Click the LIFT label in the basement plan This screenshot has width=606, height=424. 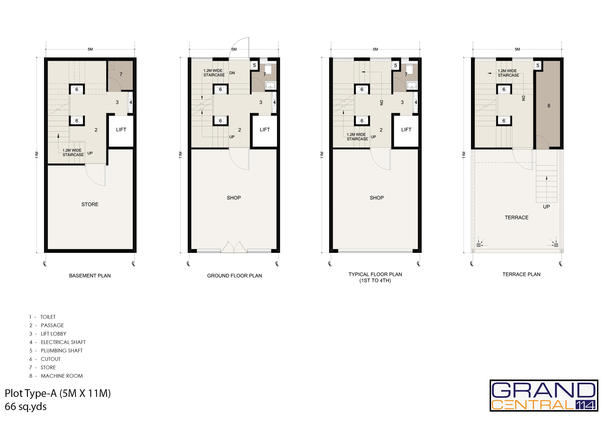121,129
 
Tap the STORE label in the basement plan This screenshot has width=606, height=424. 90,204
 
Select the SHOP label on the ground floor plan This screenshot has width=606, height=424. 234,198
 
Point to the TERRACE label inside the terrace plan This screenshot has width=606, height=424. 516,217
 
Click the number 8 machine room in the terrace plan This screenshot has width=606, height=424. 549,106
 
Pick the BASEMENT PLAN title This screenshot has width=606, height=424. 90,276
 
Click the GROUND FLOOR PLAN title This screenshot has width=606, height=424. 234,276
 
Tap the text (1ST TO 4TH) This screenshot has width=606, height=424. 375,281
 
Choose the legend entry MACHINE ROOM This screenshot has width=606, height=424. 62,376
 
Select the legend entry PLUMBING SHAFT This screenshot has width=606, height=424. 62,350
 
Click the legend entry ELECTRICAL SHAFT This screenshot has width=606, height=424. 63,342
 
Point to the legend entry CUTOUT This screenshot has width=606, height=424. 51,359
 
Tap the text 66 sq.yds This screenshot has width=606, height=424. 26,407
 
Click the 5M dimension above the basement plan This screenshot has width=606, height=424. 90,49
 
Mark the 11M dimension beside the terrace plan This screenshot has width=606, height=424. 464,155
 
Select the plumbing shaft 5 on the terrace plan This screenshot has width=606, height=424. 538,66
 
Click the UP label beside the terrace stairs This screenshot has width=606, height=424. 546,207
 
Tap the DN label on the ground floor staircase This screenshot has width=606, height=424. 232,73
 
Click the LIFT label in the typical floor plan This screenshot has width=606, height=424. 406,129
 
